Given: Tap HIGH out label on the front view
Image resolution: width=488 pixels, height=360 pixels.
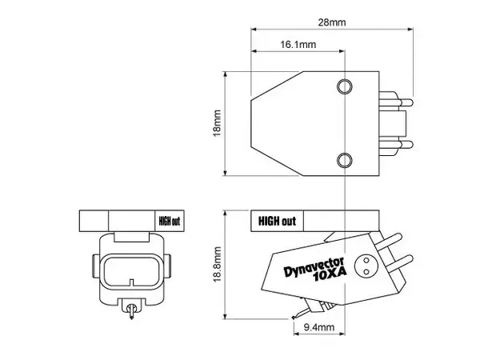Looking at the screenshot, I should point(169,220).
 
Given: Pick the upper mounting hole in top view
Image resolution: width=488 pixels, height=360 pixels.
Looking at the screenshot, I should point(345,86).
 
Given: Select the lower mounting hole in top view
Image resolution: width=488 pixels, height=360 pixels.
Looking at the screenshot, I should point(345,159).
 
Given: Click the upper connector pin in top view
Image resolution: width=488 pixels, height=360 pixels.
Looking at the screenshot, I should point(397,102).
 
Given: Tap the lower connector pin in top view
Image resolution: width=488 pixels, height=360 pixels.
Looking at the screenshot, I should point(397,144).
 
